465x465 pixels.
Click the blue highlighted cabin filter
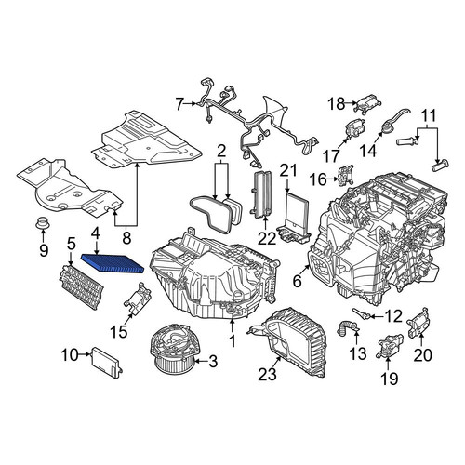[113, 263]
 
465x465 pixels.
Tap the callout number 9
[44, 249]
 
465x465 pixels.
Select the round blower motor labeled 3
[172, 352]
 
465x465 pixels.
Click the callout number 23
[267, 374]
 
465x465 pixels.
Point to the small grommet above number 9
[43, 223]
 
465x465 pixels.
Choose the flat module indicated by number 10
[106, 363]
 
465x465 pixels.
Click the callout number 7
[179, 104]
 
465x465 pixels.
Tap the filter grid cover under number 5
[82, 286]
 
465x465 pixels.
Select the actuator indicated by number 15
[138, 298]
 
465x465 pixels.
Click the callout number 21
[289, 171]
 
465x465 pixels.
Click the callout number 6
[297, 282]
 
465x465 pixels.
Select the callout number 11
[429, 115]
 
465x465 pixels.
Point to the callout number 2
[221, 152]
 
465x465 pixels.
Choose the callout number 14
[368, 151]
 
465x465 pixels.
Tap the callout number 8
[126, 238]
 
